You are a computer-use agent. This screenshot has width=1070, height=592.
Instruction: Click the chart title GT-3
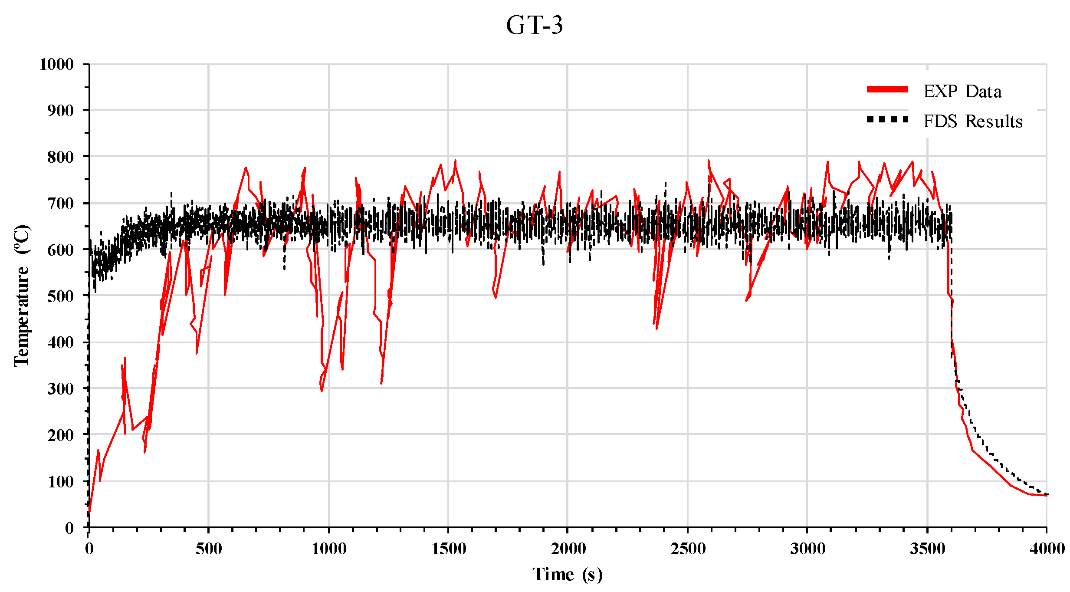[x=535, y=25]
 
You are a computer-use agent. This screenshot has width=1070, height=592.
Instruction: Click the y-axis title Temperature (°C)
[x=22, y=296]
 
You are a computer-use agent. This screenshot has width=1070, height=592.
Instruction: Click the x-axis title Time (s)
[x=568, y=575]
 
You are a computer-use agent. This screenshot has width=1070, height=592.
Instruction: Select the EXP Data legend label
[x=962, y=92]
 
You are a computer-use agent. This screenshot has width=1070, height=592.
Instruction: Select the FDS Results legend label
[x=972, y=122]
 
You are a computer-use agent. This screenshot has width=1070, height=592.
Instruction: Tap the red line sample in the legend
[x=887, y=89]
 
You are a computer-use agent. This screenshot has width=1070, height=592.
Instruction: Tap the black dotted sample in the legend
[x=887, y=119]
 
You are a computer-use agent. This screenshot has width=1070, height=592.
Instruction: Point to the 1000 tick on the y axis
[x=57, y=64]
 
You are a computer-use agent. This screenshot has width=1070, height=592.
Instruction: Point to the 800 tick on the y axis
[x=61, y=157]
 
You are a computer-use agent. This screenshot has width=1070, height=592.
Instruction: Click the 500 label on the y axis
[x=61, y=296]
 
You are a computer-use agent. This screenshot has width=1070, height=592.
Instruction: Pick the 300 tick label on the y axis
[x=61, y=389]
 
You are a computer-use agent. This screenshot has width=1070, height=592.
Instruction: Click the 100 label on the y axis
[x=61, y=482]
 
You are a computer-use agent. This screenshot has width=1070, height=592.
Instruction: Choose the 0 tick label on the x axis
[x=89, y=549]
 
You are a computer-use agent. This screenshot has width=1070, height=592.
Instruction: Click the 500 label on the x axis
[x=209, y=549]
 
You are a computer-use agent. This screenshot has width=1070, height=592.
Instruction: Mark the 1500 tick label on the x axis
[x=449, y=549]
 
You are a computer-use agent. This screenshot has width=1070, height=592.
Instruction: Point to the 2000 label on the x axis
[x=568, y=549]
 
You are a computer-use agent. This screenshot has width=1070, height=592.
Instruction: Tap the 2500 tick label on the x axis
[x=688, y=549]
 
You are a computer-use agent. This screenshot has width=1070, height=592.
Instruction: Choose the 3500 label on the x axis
[x=927, y=549]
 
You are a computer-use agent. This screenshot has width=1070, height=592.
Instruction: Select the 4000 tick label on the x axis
[x=1047, y=549]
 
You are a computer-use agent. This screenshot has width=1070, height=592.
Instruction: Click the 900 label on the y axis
[x=61, y=110]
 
